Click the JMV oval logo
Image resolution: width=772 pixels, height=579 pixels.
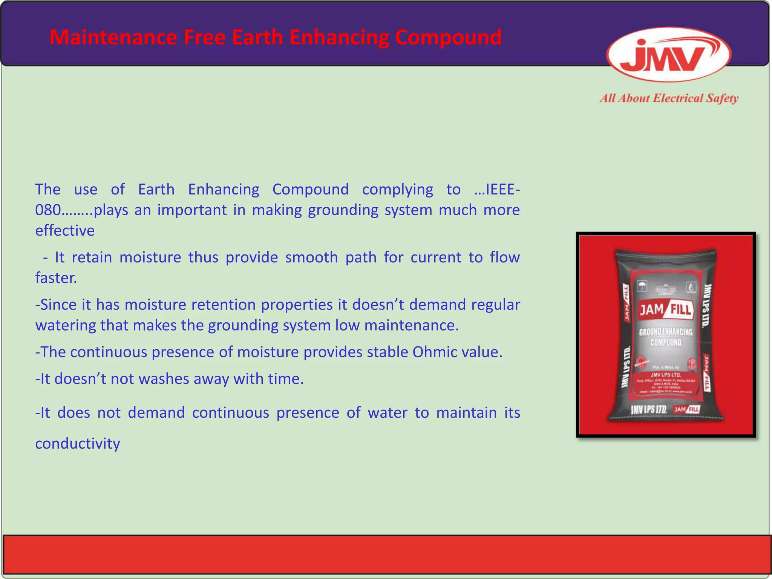(x=669, y=55)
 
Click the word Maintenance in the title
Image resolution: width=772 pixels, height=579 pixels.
(x=113, y=37)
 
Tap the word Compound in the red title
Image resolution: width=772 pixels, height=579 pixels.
(x=448, y=37)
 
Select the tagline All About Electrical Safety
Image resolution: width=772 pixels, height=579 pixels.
(x=669, y=98)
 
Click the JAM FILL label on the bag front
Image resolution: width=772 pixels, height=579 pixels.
(x=666, y=310)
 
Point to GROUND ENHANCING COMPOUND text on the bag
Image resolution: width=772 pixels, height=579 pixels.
(x=666, y=337)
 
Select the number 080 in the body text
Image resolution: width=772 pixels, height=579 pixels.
(x=47, y=210)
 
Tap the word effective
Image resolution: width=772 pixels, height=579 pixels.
(x=65, y=231)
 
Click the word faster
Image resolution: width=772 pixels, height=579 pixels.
(x=56, y=278)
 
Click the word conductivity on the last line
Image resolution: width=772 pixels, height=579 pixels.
(x=78, y=444)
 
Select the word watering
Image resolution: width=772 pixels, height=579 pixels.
(x=66, y=326)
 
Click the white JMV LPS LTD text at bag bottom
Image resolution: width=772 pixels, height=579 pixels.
(x=649, y=410)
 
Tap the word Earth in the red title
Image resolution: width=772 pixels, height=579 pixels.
(x=257, y=37)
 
